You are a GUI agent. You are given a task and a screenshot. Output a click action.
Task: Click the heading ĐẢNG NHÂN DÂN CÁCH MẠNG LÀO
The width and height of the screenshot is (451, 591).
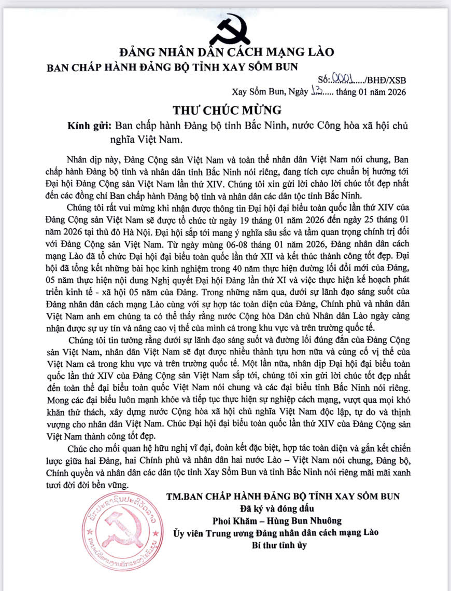point(227,52)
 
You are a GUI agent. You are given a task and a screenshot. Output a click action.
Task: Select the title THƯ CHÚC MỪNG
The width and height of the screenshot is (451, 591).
point(227,109)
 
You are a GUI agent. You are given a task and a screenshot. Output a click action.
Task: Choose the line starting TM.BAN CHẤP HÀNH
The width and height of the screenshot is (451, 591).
point(283,496)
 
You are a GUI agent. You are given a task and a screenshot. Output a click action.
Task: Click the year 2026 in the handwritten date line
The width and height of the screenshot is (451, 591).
point(393,92)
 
